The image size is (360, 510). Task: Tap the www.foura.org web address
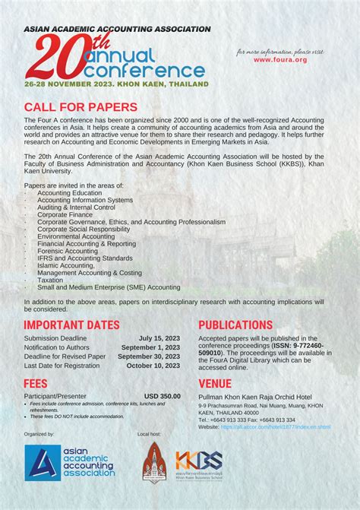[280, 59]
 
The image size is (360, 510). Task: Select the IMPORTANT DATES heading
[71, 325]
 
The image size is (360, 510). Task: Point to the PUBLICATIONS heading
[235, 325]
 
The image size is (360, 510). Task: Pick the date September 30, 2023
[149, 356]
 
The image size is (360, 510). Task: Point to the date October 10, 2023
[153, 366]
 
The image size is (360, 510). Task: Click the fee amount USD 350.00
[162, 396]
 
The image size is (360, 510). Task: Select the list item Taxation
[51, 280]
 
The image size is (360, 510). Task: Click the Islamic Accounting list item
[66, 265]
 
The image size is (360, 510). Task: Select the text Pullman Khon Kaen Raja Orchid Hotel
[254, 397]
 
